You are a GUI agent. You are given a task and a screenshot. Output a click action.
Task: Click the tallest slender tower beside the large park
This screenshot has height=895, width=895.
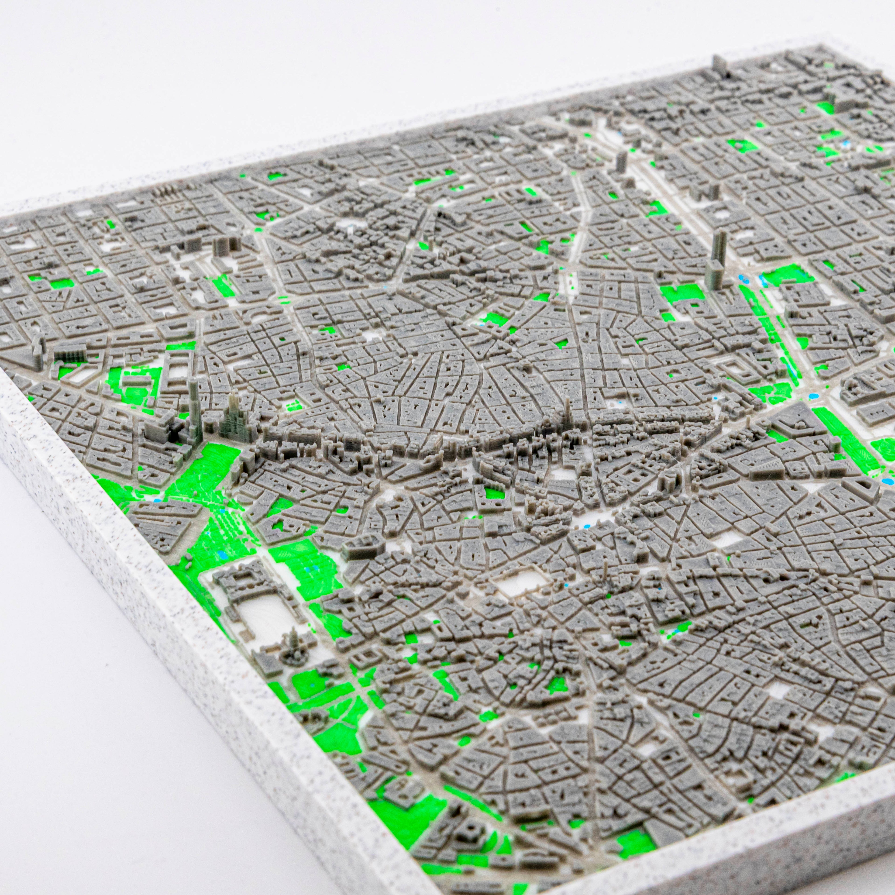click(x=193, y=408)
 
